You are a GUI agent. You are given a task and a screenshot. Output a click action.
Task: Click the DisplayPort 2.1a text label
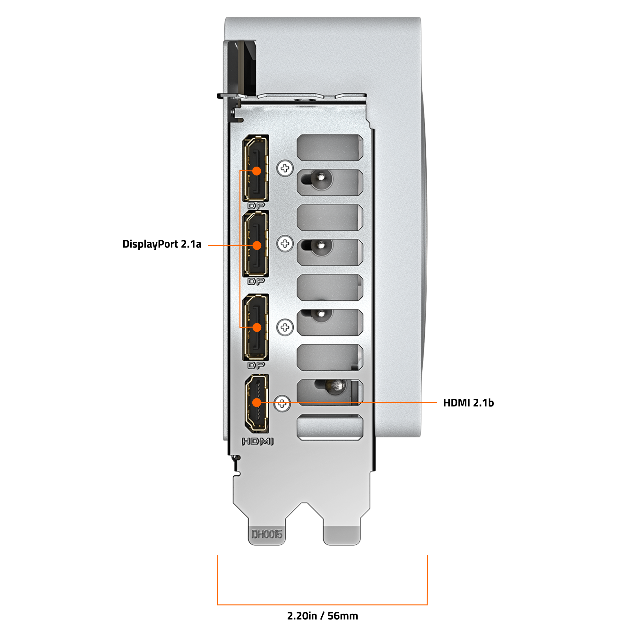(x=162, y=244)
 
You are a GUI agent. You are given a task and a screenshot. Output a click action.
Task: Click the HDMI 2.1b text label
(x=468, y=403)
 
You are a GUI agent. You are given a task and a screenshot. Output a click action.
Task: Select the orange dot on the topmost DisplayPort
(x=256, y=171)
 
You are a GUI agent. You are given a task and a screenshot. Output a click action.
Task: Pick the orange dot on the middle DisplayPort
(x=256, y=245)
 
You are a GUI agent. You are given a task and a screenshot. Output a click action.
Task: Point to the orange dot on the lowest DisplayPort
(x=256, y=327)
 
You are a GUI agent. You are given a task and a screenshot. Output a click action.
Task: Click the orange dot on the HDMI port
(x=256, y=403)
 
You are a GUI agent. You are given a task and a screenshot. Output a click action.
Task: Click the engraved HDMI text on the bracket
(x=257, y=441)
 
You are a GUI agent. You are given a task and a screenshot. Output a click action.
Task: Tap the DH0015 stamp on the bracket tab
(x=266, y=534)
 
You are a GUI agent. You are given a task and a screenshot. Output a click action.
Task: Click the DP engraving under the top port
(x=256, y=206)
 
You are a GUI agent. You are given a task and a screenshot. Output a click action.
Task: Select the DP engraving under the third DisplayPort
(x=256, y=365)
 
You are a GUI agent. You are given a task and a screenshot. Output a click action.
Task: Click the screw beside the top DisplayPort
(x=285, y=168)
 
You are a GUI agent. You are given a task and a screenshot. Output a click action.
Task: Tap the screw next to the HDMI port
(x=282, y=403)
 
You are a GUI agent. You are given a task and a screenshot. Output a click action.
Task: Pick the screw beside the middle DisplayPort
(x=285, y=244)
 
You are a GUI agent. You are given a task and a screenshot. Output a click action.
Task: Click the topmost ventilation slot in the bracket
(x=329, y=148)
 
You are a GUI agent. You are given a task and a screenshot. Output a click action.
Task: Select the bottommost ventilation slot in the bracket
(x=330, y=428)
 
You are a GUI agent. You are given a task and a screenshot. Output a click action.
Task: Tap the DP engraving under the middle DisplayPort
(x=256, y=281)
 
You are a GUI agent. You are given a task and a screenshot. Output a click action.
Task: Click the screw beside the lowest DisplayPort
(x=285, y=327)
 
